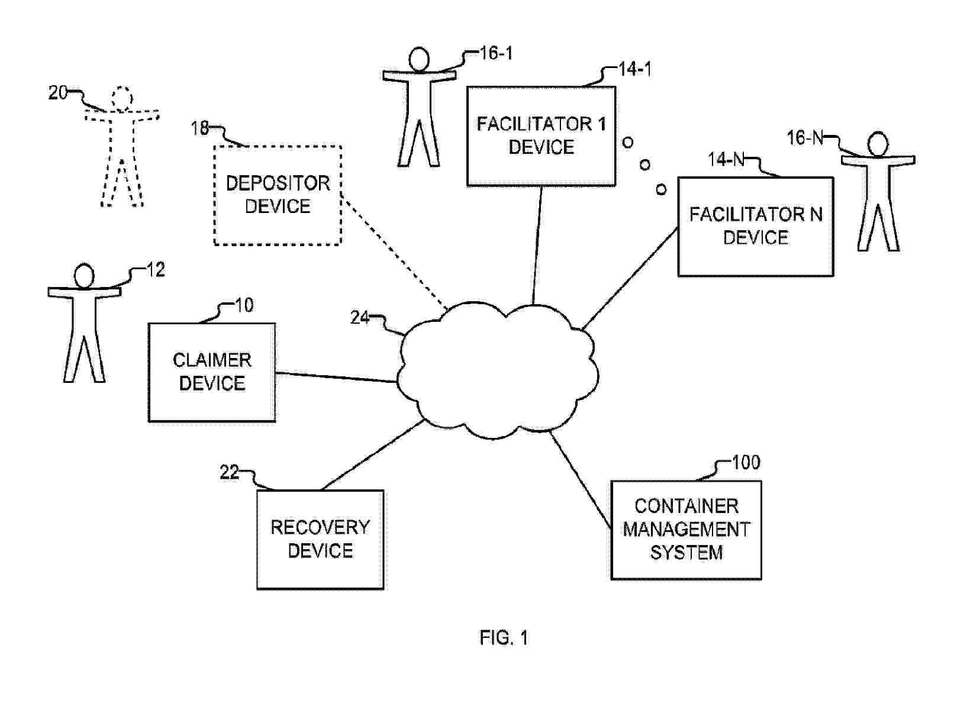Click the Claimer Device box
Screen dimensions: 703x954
pos(211,372)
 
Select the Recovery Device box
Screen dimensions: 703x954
pos(320,539)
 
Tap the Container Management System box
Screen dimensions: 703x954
pos(686,530)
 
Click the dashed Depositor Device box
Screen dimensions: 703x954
pos(278,195)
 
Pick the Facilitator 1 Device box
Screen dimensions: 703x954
pos(541,136)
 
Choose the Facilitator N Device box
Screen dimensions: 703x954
pos(755,226)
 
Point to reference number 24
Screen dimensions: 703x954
pos(359,318)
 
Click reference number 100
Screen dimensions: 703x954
pos(746,462)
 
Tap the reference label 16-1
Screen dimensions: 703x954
pos(496,53)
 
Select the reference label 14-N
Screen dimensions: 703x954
pos(726,159)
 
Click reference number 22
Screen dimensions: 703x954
pos(229,472)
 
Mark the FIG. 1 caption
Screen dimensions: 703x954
pos(504,638)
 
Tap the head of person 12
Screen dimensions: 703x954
pos(84,276)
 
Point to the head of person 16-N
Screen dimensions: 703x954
pos(878,144)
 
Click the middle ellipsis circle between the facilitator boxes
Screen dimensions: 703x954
pos(645,164)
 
